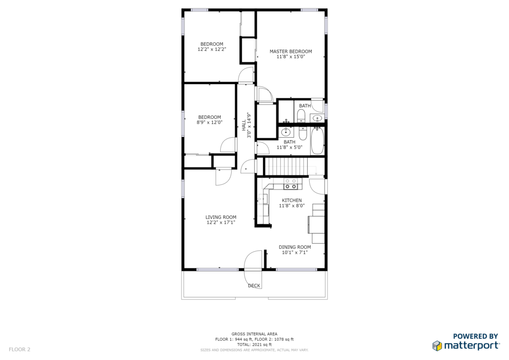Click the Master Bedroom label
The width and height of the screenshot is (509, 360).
tap(290, 51)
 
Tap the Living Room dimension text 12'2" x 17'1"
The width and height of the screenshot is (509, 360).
tap(221, 222)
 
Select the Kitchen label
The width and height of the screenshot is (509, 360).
tap(292, 200)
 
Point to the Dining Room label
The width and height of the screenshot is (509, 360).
tap(295, 247)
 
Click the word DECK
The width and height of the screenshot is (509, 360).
tap(254, 285)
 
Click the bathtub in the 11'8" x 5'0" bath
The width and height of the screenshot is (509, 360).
tap(318, 141)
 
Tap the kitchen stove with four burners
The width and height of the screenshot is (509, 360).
tap(290, 184)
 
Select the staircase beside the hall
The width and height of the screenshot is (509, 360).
tap(286, 166)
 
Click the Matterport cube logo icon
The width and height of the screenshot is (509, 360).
tap(437, 346)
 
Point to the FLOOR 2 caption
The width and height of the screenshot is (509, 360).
tap(19, 349)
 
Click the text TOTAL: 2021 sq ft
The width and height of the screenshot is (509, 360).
tap(254, 345)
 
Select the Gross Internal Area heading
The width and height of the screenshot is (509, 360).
tap(254, 334)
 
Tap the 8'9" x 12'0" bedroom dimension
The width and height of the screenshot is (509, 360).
tap(209, 122)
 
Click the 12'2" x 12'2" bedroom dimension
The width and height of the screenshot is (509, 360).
tap(212, 49)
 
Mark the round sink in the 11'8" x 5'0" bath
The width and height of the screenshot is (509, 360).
tap(286, 132)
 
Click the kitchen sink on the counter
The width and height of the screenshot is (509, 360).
tap(263, 198)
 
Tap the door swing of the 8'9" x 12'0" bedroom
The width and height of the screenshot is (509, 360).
tap(228, 145)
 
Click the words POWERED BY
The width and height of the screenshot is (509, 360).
tap(475, 336)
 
